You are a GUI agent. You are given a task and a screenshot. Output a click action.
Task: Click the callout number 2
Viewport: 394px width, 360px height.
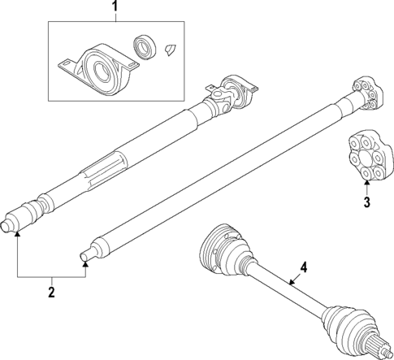[x=50, y=291]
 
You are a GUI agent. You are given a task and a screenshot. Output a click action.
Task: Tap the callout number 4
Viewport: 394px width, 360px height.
[x=304, y=267]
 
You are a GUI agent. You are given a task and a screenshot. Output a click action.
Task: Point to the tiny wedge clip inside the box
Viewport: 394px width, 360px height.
[x=171, y=48]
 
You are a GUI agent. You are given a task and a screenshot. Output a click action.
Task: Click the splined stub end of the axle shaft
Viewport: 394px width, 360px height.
[x=383, y=349]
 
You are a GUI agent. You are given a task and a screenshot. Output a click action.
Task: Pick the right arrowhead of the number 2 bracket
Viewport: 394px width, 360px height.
[x=85, y=261]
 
